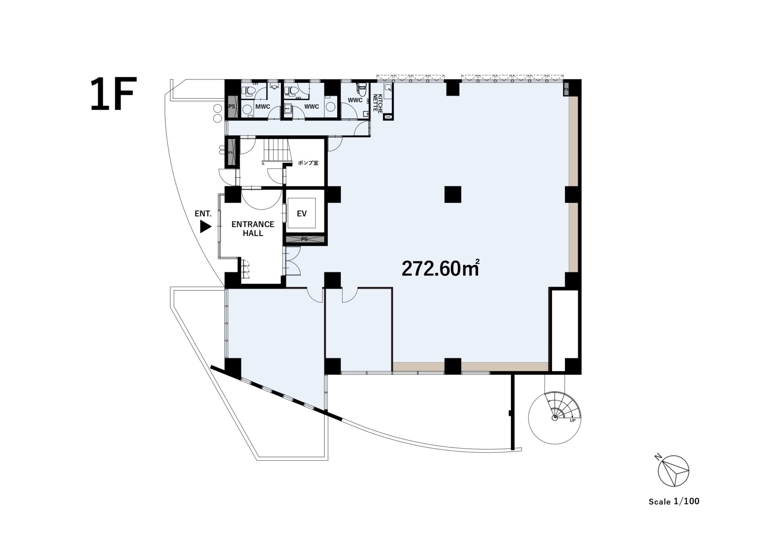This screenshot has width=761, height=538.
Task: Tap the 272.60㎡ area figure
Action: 441,268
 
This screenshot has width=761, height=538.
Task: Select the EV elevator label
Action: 302,214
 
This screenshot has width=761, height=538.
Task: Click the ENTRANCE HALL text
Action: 253,229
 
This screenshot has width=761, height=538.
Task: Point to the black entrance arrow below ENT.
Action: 205,227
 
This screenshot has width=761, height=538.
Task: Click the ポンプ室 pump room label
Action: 308,163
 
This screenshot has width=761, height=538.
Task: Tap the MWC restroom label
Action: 263,107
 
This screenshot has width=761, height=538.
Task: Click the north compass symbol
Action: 673,471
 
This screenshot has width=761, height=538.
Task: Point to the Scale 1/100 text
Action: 674,501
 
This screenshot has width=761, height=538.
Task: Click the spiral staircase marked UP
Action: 555,417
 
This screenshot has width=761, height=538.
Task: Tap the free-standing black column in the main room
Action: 453,194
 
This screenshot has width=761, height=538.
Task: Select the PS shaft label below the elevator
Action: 304,239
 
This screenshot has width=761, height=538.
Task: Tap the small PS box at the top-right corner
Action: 566,89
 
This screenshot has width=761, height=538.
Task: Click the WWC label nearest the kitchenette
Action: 355,100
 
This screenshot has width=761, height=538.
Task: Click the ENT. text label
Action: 203,214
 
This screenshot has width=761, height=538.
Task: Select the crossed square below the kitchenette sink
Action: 388,117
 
